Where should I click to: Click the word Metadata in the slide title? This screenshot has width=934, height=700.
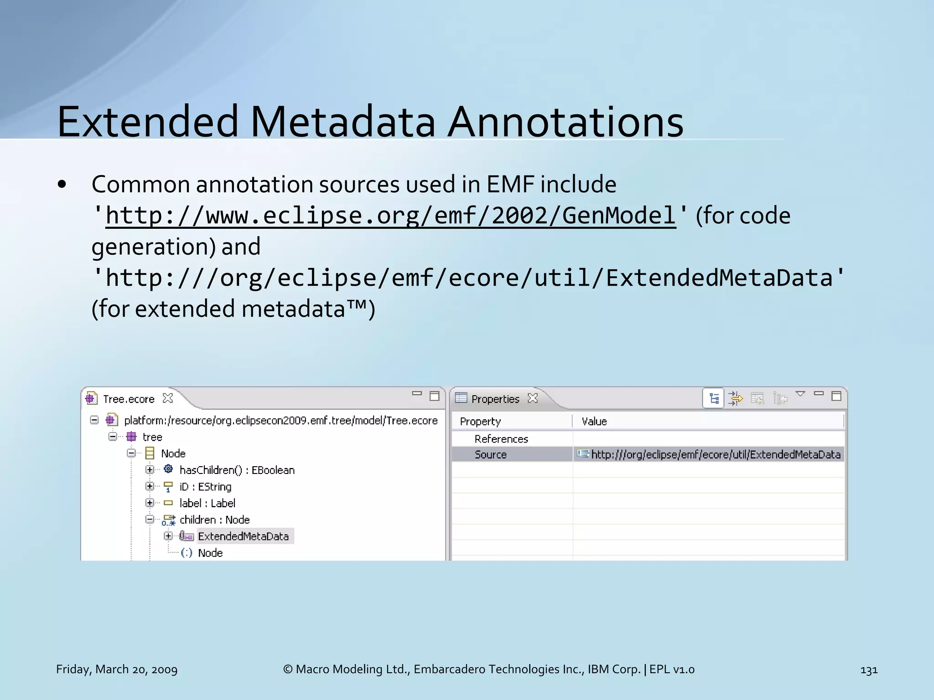[343, 122]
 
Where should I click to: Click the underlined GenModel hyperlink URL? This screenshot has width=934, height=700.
[390, 215]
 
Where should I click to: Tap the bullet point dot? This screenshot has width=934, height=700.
[62, 185]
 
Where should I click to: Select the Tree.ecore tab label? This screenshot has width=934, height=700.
[129, 399]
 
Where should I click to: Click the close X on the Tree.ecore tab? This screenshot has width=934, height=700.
[168, 398]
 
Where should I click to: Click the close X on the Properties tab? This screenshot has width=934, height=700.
[533, 398]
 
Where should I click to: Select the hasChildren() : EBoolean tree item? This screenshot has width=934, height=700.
[237, 470]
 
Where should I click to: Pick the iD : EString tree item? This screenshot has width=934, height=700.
[205, 487]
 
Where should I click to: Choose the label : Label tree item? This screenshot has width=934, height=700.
[207, 503]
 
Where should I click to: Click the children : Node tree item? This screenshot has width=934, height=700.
[214, 520]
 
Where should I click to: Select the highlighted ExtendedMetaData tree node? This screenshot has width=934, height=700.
[243, 536]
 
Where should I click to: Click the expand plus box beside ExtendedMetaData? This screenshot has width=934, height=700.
[168, 536]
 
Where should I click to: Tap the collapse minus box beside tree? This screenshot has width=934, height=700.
[113, 437]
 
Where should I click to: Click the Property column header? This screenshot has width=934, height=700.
[480, 422]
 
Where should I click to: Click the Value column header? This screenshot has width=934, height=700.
[594, 422]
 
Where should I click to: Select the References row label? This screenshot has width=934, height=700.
[501, 439]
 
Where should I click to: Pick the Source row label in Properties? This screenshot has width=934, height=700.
[490, 454]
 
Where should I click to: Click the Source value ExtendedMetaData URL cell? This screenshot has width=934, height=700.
[715, 454]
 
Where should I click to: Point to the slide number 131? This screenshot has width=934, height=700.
[869, 670]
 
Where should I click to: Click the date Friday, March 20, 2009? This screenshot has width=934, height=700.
[117, 669]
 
